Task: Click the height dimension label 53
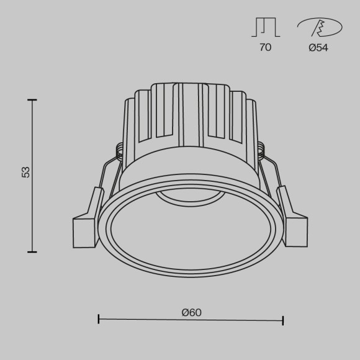pos(26,172)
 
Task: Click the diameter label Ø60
pos(192,312)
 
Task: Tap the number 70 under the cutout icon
pos(265,48)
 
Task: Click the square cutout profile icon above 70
pos(265,27)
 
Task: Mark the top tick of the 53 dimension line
pos(32,99)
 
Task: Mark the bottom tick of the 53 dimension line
pos(32,251)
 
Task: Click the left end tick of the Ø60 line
pos(99,320)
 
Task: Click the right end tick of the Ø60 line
pos(283,320)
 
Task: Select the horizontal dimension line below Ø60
pos(191,320)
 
